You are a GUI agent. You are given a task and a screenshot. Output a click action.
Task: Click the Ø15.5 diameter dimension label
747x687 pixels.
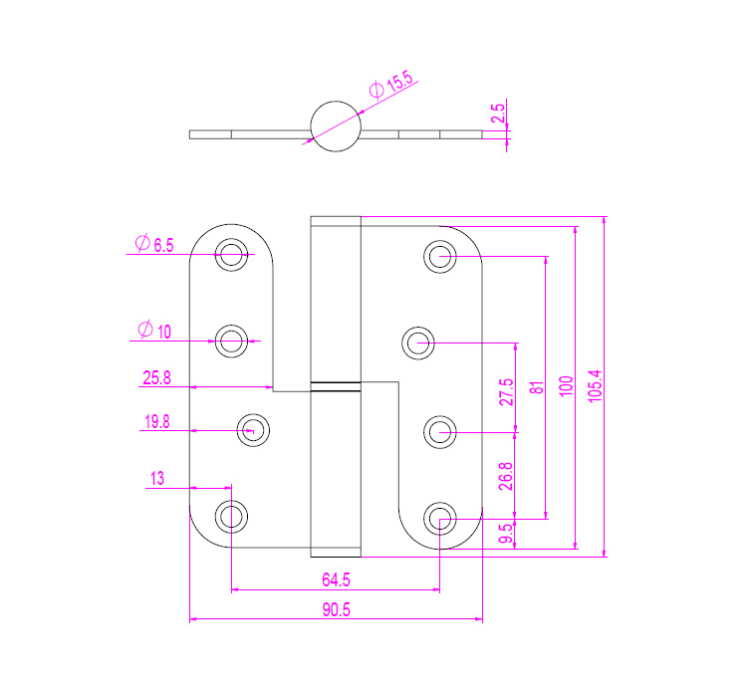tap(390, 85)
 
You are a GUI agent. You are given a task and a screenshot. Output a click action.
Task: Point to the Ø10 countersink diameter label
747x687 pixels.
tap(151, 330)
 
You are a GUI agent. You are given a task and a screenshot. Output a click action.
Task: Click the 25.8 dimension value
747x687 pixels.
tap(157, 377)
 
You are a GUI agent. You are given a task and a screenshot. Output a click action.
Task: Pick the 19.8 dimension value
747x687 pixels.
tap(157, 422)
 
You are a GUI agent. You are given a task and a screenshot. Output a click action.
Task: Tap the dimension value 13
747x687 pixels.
tap(156, 479)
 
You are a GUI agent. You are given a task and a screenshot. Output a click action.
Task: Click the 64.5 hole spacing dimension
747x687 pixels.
tap(336, 579)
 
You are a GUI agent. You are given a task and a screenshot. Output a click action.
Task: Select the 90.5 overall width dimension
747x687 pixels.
tap(336, 610)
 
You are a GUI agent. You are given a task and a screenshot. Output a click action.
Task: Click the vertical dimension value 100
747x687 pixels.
tap(566, 385)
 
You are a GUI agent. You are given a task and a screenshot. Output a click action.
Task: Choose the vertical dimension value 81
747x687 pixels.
tap(536, 387)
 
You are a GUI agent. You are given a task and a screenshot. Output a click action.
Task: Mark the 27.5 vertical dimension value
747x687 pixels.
tap(506, 390)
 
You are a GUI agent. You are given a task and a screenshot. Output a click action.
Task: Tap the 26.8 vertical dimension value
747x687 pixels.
tap(506, 476)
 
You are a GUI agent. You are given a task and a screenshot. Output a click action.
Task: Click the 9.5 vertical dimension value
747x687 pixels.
tap(506, 534)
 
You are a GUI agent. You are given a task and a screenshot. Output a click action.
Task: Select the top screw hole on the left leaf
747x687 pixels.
tap(232, 256)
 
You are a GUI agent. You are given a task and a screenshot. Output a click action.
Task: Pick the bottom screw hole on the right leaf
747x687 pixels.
tap(439, 518)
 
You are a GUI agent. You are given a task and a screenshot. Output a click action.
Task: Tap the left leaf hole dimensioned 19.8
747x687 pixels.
tap(254, 431)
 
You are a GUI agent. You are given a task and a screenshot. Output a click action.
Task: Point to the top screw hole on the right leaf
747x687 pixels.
tap(439, 256)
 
